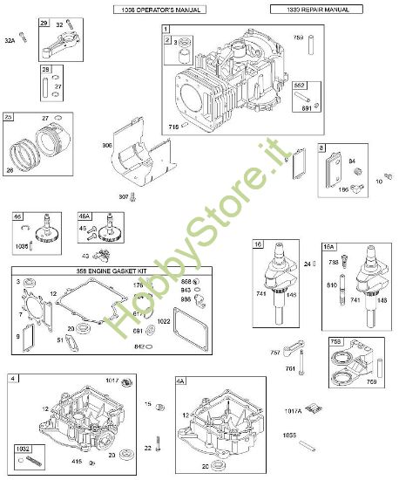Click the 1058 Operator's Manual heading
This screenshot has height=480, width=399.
161,9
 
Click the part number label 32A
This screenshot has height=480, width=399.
10,40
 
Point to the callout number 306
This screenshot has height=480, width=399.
108,145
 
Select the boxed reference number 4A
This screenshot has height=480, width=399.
179,381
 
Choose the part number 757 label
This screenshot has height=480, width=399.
276,353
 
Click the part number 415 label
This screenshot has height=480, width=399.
76,459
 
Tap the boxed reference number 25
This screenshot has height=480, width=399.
9,117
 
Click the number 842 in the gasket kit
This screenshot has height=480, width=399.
139,347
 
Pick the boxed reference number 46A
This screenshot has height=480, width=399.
85,216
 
